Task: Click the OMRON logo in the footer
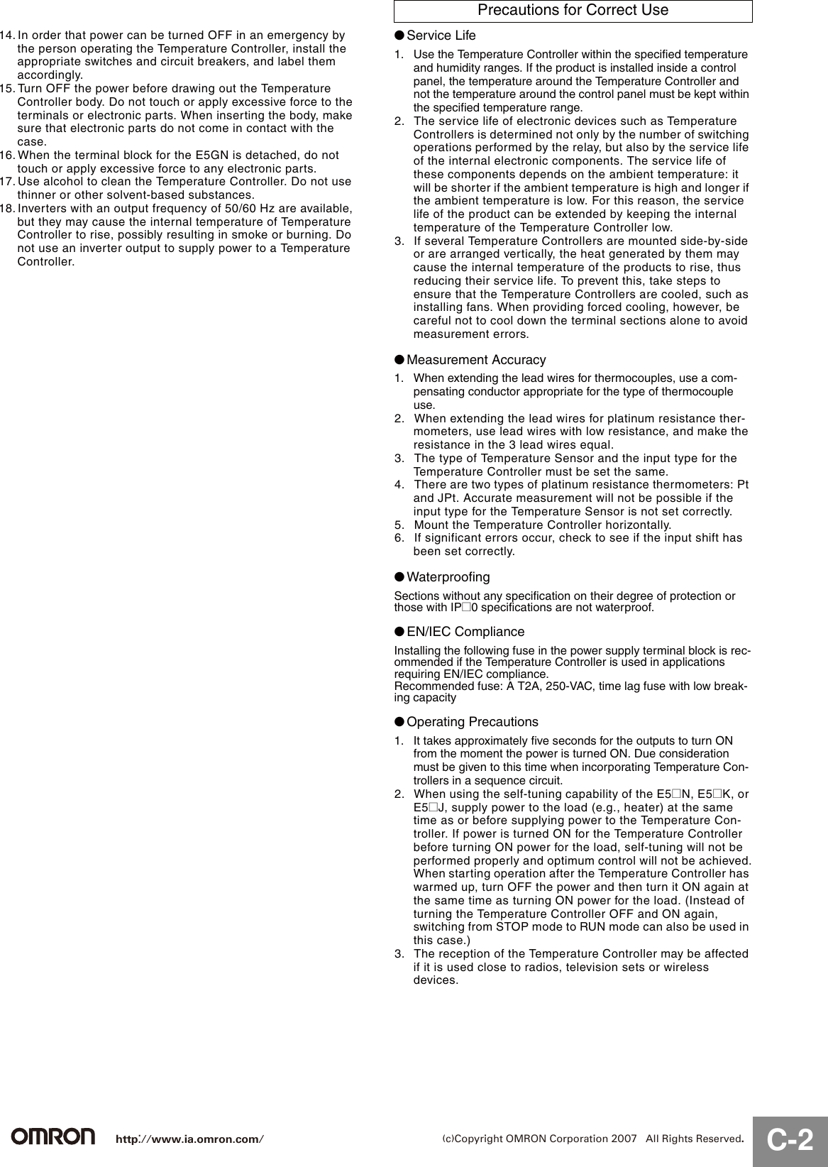tap(53, 1136)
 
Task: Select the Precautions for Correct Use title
tap(573, 10)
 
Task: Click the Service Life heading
tap(441, 35)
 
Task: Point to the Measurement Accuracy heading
tap(475, 360)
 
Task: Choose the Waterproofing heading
tap(448, 577)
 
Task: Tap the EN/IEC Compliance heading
tap(465, 632)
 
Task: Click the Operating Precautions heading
tap(472, 722)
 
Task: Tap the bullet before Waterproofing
tap(399, 577)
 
